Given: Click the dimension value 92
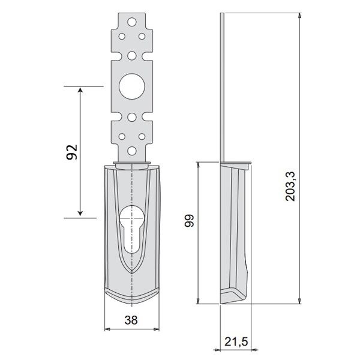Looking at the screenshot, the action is pos(72,152).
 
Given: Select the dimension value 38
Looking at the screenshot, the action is pos(131,320).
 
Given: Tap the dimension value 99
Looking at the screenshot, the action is pos(190,221).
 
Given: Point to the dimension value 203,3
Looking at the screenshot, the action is pos(290,186).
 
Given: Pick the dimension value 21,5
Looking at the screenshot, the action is pos(236,341).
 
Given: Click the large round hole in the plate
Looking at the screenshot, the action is pos(132,86).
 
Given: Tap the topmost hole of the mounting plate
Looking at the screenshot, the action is pos(132,22).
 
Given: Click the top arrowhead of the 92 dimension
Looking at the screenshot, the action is pos(80,89).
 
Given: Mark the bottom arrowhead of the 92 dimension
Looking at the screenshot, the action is pos(80,213).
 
